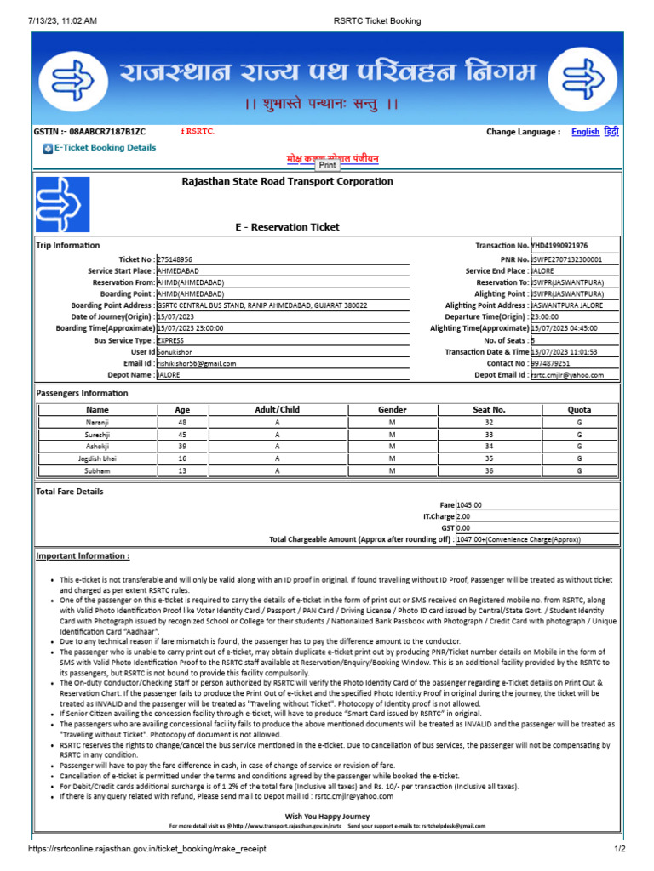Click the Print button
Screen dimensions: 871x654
[x=328, y=166]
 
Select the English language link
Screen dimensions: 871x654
[x=585, y=132]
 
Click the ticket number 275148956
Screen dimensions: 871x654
[x=175, y=259]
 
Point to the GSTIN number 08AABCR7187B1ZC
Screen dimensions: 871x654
[x=101, y=132]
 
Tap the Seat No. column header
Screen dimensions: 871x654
[x=489, y=410]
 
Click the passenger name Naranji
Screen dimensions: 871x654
[x=98, y=422]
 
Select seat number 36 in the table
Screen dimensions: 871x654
[x=489, y=470]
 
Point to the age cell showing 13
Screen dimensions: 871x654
[x=182, y=470]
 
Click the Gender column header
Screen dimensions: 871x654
[x=392, y=410]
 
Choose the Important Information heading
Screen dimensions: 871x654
[x=83, y=556]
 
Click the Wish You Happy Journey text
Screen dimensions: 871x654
[x=328, y=815]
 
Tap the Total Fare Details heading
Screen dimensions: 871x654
[x=70, y=492]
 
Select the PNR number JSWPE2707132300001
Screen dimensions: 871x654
[x=566, y=259]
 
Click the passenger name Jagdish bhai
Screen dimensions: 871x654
[x=98, y=458]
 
